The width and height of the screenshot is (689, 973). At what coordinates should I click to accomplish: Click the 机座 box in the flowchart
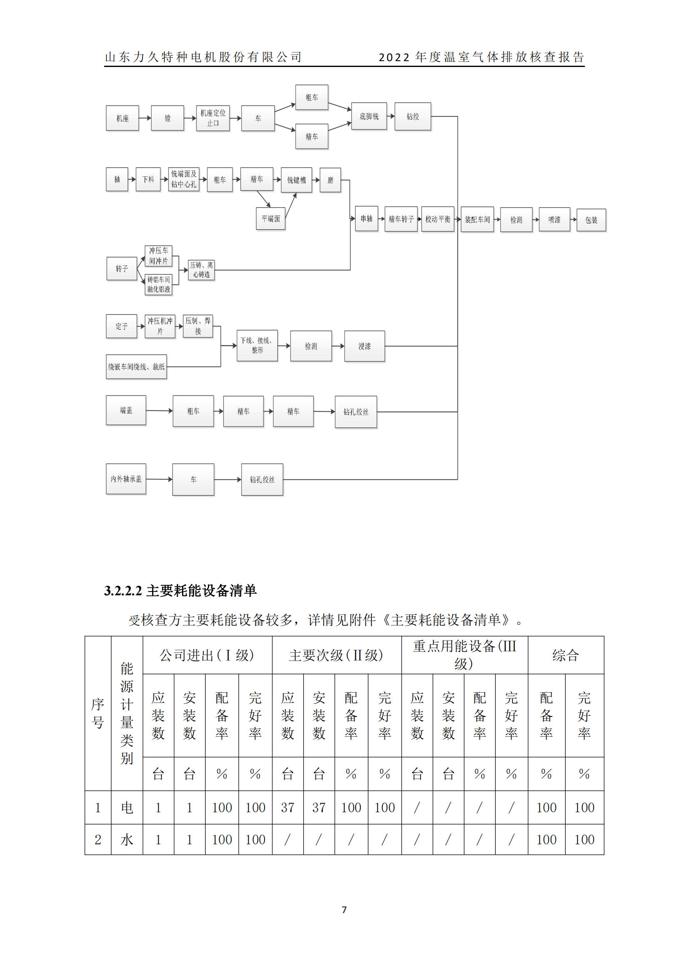coord(122,118)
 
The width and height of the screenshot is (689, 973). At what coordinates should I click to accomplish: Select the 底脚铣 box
coord(369,116)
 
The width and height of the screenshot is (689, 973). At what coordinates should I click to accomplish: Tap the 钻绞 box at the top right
coord(412,116)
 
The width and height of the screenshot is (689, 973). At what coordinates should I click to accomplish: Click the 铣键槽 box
coord(296,180)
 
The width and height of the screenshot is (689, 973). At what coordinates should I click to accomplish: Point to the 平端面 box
coord(271,219)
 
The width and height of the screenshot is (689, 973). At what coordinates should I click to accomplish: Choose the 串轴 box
coord(366,219)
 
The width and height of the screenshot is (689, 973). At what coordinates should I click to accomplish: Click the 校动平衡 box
coord(438,219)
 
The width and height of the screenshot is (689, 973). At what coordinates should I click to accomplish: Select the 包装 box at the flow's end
coord(591,220)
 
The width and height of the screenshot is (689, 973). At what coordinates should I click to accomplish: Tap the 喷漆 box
coord(554,220)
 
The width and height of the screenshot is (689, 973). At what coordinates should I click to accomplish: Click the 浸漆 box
coord(364,346)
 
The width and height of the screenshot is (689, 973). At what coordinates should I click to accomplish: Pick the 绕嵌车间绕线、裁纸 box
coord(136,366)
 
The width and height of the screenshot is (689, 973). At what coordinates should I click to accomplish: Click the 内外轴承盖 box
coord(126,479)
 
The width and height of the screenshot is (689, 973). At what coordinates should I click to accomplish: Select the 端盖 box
coord(126,410)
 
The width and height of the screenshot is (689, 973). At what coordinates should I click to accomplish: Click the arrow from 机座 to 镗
coord(145,118)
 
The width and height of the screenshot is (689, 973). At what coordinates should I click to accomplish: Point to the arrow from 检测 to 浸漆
coord(338,346)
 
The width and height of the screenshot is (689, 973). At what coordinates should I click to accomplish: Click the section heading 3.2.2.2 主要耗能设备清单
coord(180,590)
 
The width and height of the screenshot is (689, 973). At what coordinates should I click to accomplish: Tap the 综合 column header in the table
coord(566,655)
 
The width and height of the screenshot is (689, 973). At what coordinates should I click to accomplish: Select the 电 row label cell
coord(127,807)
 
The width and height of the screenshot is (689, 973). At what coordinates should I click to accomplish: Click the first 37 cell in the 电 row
coord(288,807)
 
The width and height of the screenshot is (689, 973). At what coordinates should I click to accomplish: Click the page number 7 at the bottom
coord(344,909)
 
